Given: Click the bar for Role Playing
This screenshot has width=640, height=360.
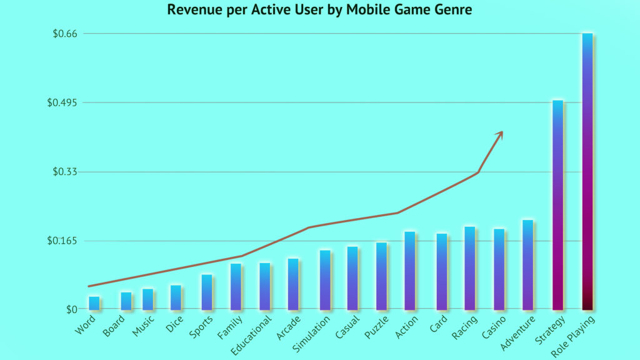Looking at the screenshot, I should pos(587,171).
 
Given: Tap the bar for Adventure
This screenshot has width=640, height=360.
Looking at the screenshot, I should pos(527,265).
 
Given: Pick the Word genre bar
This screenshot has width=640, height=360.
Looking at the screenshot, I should pos(94,303).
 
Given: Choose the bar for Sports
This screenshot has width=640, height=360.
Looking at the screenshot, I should pos(207,292).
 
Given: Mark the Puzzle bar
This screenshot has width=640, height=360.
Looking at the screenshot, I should pos(381,276).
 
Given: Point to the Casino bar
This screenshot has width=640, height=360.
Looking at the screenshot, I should pos(499,269).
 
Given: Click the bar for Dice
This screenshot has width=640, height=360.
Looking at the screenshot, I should pos(176,297).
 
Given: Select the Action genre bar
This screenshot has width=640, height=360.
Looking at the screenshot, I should pos(409,271).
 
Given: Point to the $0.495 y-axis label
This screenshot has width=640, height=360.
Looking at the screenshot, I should pos(62,102).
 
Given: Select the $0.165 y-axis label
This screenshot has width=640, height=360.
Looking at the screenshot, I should pos(62,241).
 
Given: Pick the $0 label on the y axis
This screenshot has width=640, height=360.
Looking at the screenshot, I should pos(71,310).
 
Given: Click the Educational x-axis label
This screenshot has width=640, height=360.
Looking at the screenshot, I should pos(251,334).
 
